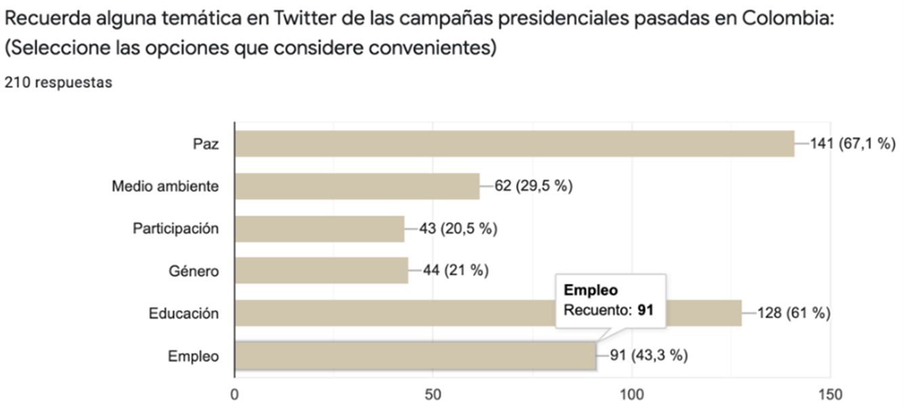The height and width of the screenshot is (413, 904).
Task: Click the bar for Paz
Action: [x=514, y=144]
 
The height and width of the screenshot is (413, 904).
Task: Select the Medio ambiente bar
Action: [x=357, y=186]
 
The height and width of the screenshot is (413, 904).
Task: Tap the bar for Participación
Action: [x=319, y=229]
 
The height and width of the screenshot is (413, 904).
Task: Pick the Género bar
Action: [x=321, y=271]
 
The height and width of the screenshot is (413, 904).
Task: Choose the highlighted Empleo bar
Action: [x=415, y=355]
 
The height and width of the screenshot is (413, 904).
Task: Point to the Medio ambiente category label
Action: [x=165, y=186]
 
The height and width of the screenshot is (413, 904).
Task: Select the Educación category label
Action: [x=184, y=313]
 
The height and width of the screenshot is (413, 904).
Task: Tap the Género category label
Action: [x=194, y=271]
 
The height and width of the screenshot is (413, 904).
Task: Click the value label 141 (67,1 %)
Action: [x=853, y=144]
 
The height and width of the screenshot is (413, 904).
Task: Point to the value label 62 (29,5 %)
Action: [x=533, y=186]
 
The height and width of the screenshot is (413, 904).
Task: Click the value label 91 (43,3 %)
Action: [x=646, y=355]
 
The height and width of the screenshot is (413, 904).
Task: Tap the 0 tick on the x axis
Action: [x=234, y=395]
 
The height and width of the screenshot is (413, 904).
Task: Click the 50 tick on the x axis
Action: [x=433, y=395]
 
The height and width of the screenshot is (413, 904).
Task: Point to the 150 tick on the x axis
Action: [x=830, y=395]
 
